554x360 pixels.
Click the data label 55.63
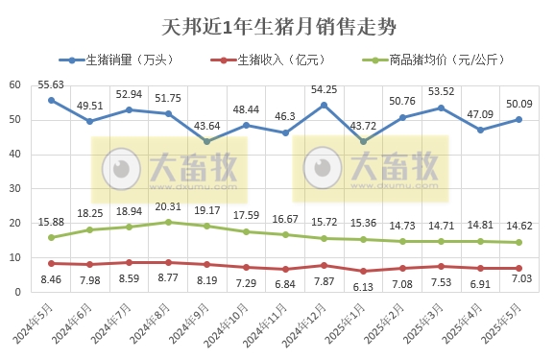coord(52,84)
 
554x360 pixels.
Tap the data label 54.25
coord(325,89)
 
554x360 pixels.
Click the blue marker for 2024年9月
coord(207,141)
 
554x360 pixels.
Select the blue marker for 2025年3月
coord(441,108)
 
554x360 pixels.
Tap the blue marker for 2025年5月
coord(518,119)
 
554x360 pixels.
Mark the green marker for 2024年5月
coord(51,237)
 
